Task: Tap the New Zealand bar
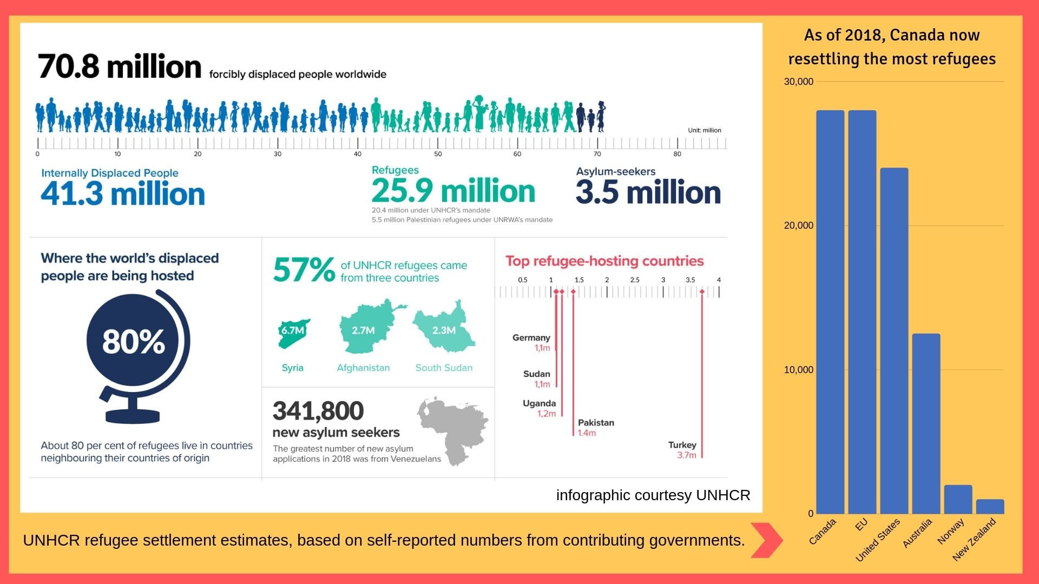click(990, 506)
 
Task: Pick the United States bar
click(894, 341)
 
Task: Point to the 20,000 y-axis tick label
click(798, 225)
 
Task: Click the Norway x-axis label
click(951, 531)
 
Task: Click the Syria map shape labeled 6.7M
click(293, 333)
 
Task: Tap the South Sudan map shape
click(444, 327)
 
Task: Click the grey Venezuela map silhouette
click(455, 430)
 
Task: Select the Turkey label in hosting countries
click(682, 445)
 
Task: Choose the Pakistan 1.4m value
click(587, 433)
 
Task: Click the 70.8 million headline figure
click(120, 67)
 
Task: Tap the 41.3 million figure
click(123, 194)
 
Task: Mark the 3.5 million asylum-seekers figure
click(648, 192)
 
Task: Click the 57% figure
click(304, 270)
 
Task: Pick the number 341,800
click(318, 411)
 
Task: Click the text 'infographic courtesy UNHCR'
click(653, 495)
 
